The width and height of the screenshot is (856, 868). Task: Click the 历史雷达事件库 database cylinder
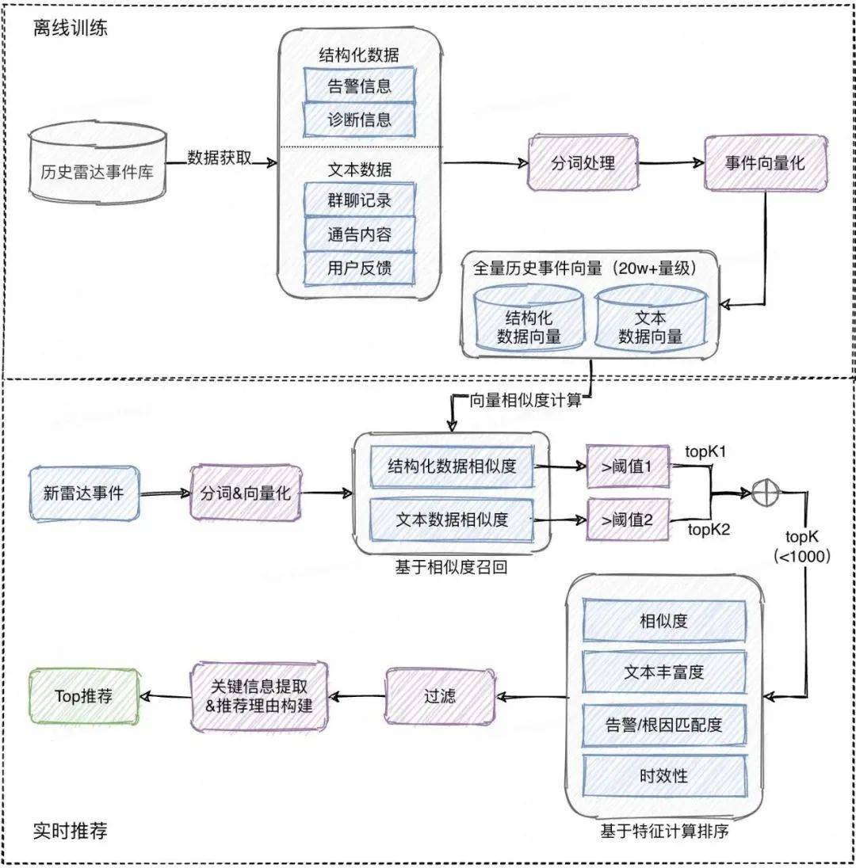(97, 169)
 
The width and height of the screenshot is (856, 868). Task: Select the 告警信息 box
(359, 86)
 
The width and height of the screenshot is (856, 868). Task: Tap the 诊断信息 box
(359, 120)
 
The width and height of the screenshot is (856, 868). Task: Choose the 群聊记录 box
(359, 200)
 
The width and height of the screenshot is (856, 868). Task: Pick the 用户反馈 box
(359, 268)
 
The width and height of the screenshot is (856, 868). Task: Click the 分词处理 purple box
(583, 163)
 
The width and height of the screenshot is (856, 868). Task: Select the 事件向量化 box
(765, 163)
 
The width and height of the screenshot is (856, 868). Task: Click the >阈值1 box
(627, 468)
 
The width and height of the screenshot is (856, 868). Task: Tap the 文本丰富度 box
(664, 672)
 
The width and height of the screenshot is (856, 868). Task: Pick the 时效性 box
(664, 775)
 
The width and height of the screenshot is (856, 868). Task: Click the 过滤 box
(439, 696)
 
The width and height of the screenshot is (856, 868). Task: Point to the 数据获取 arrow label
(220, 157)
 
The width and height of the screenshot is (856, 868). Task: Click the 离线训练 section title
(70, 29)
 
